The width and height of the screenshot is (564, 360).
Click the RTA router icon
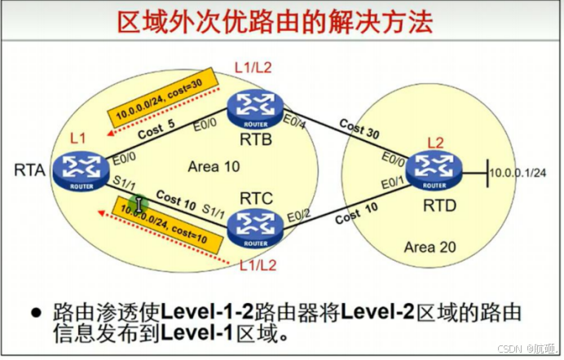point(79,169)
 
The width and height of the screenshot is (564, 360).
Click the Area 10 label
point(214,166)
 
